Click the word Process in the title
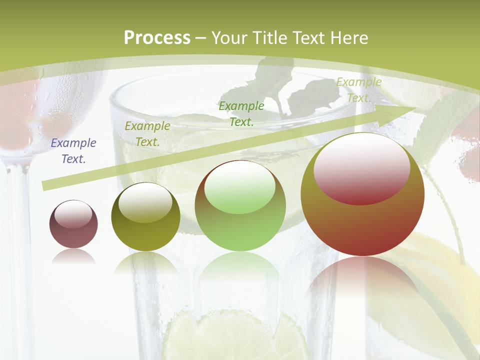(157, 38)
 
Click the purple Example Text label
(73, 151)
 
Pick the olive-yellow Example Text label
(147, 134)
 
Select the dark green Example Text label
(241, 113)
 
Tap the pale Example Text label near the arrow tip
(358, 90)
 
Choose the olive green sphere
(145, 217)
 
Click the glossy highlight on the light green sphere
(240, 186)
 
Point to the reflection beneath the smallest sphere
(73, 256)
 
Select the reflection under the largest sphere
(362, 280)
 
